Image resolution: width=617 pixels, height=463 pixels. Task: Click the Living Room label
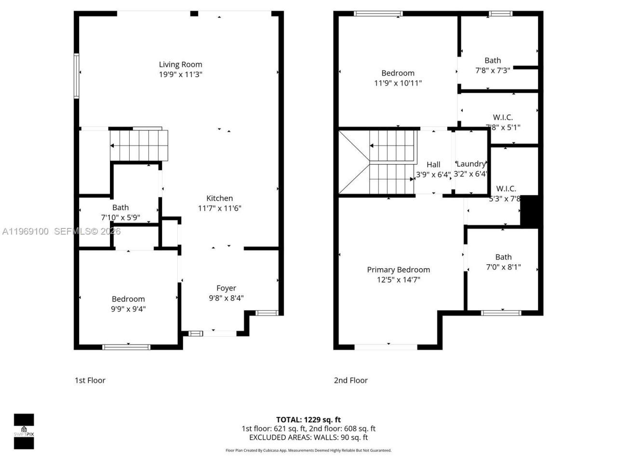[x=181, y=65]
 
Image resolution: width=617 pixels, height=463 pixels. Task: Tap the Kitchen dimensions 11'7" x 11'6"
[x=219, y=208]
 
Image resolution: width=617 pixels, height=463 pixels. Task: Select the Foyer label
[x=226, y=288]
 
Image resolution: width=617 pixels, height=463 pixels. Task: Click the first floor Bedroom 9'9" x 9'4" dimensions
[x=128, y=309]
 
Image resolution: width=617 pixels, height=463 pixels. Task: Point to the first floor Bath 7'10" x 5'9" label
[x=121, y=208]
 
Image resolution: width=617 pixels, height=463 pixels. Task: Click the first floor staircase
[x=139, y=145]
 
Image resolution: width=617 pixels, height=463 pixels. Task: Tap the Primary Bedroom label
[x=398, y=270]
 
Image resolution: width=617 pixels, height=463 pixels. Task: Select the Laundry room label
[x=471, y=164]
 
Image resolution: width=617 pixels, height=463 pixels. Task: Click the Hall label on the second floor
[x=433, y=164]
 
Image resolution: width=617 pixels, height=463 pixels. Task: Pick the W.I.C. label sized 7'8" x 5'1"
[x=503, y=117]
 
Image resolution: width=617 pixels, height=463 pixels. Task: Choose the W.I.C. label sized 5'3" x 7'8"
[x=506, y=189]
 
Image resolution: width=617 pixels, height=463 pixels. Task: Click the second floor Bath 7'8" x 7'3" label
[x=493, y=60]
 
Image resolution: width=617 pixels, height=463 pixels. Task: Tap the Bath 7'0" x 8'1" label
[x=503, y=257]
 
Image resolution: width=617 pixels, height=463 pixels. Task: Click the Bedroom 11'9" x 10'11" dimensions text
[x=398, y=83]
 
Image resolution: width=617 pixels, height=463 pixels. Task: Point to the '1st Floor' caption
[x=90, y=380]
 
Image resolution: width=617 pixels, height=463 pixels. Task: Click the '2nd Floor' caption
[x=351, y=380]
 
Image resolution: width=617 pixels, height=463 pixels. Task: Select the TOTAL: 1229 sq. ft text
[x=308, y=420]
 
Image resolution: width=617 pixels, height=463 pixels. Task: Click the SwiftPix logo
[x=24, y=431]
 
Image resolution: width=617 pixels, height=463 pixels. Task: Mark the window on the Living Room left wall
[x=76, y=76]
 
